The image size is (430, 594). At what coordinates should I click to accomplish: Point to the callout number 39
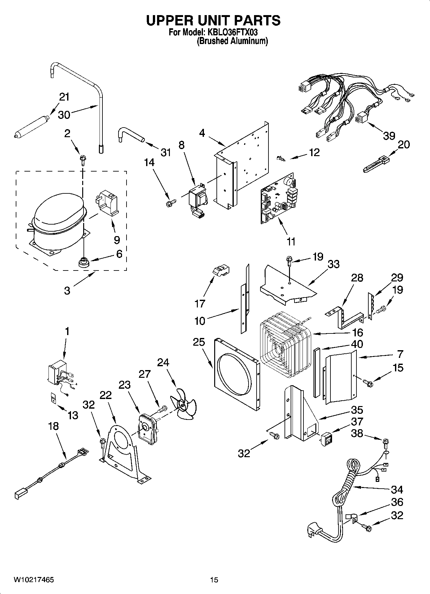point(389,136)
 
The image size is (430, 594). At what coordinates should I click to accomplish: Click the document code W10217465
point(33,580)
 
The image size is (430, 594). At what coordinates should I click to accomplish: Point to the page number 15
point(214,580)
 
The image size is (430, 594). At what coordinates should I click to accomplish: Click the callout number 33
point(333,264)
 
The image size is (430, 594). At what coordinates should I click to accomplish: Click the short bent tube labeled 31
point(130,135)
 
